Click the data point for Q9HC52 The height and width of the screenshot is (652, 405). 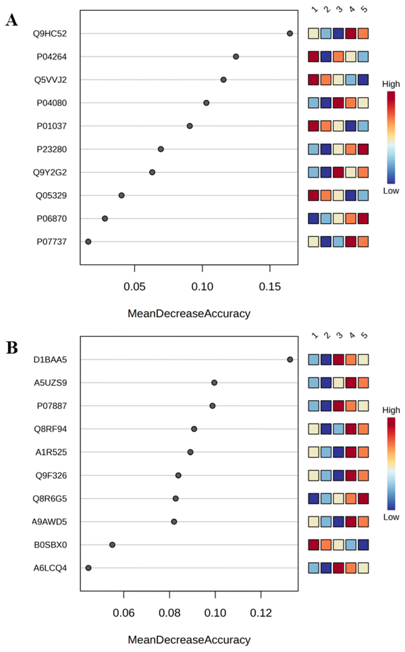point(290,33)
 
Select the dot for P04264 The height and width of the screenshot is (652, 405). point(236,56)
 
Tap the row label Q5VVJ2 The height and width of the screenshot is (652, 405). point(50,80)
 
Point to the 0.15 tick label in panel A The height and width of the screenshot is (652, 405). point(270,287)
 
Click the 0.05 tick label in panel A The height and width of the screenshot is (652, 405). point(134,287)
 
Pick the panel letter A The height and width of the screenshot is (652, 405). point(12,20)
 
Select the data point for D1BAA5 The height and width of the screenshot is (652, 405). point(290,359)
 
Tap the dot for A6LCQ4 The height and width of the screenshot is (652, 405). point(88,568)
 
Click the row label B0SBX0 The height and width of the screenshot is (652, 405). point(50,545)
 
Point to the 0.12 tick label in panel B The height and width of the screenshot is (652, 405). point(261,613)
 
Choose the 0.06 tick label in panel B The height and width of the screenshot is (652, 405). point(123,613)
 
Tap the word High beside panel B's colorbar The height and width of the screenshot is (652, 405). point(391,410)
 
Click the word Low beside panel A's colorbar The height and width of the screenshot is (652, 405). point(391,191)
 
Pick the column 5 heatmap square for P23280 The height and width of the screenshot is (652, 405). point(363,149)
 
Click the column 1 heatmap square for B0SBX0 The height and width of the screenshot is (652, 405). point(313,545)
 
